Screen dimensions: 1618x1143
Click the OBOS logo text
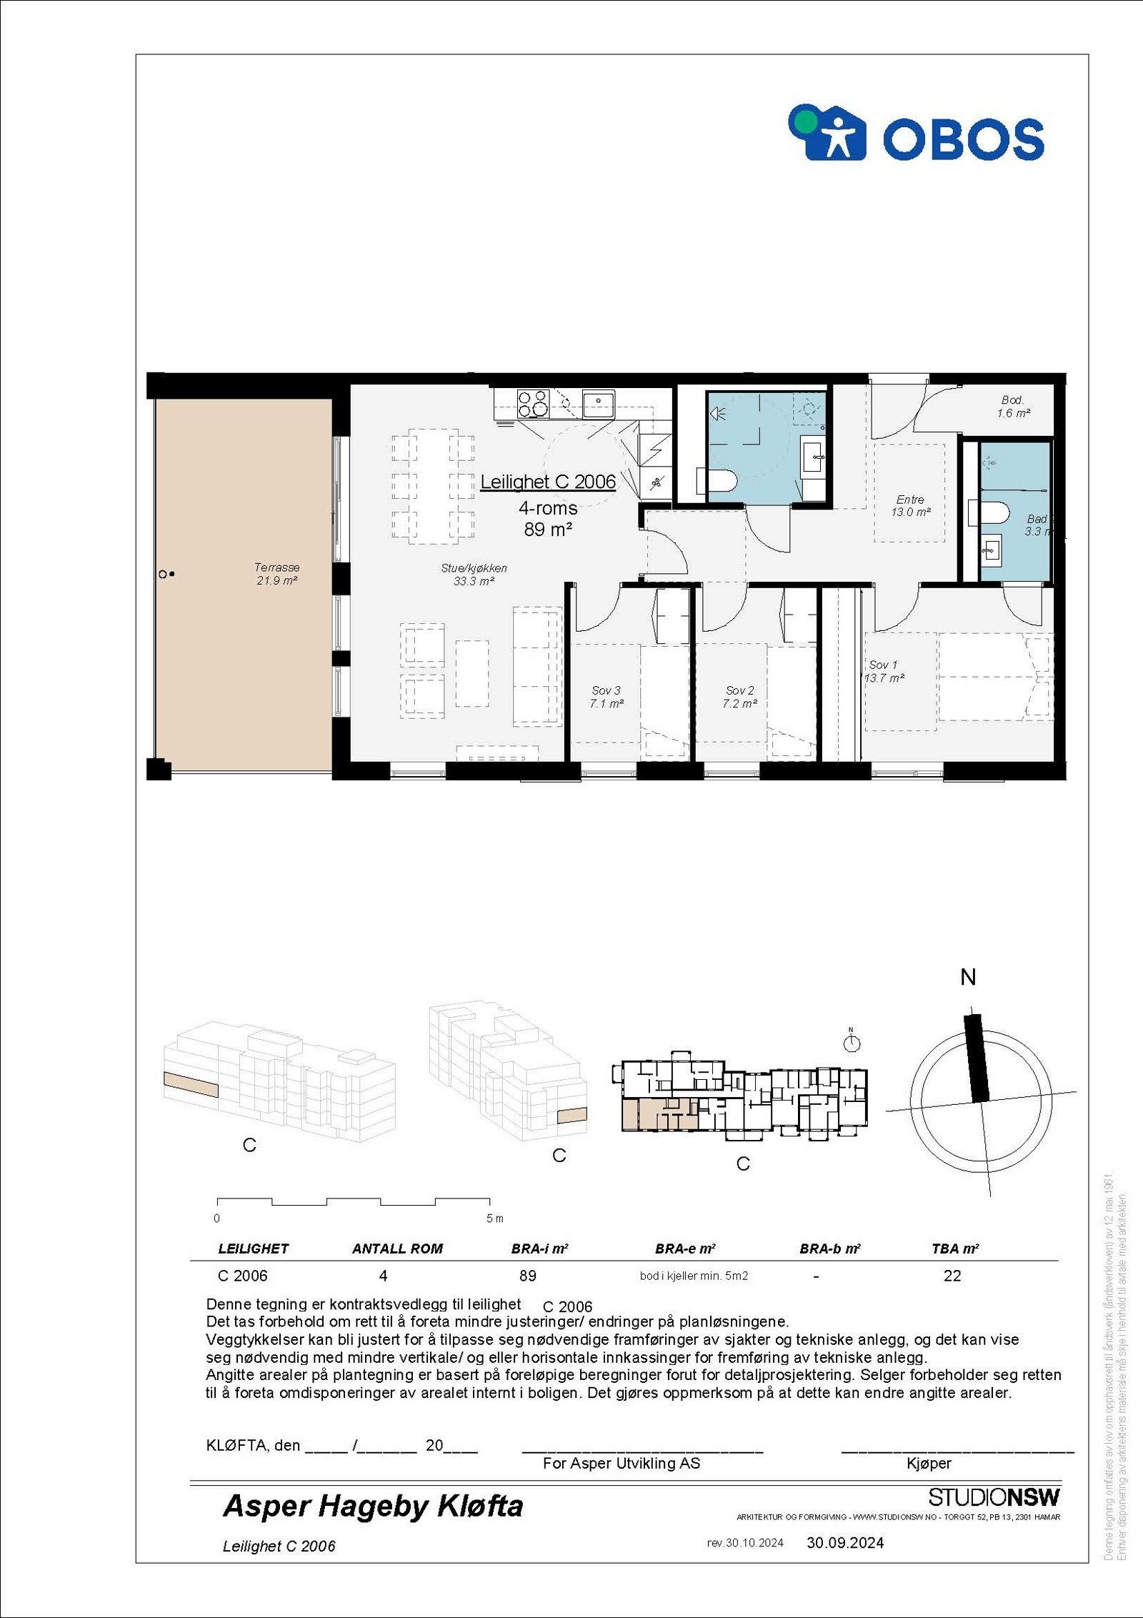point(963,139)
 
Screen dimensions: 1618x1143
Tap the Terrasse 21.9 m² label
point(276,574)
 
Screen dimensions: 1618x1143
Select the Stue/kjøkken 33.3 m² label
point(474,575)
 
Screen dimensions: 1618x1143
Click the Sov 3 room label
point(606,697)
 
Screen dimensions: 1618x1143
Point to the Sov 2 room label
point(739,697)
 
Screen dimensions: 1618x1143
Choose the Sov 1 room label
point(884,671)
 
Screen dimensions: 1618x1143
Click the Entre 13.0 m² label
point(910,506)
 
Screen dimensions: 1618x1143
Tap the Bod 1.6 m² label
point(1013,407)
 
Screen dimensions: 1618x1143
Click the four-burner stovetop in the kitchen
point(533,403)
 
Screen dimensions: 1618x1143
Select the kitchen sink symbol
point(598,404)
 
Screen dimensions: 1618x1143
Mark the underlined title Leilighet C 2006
point(547,482)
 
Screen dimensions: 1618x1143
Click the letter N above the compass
point(968,978)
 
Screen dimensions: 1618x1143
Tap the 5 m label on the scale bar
point(494,1218)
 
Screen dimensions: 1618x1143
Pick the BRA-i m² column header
point(539,1249)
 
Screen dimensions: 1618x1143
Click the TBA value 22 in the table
point(952,1276)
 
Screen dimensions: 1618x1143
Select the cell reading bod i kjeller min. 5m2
point(694,1276)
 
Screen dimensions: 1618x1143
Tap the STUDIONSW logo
point(994,1497)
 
